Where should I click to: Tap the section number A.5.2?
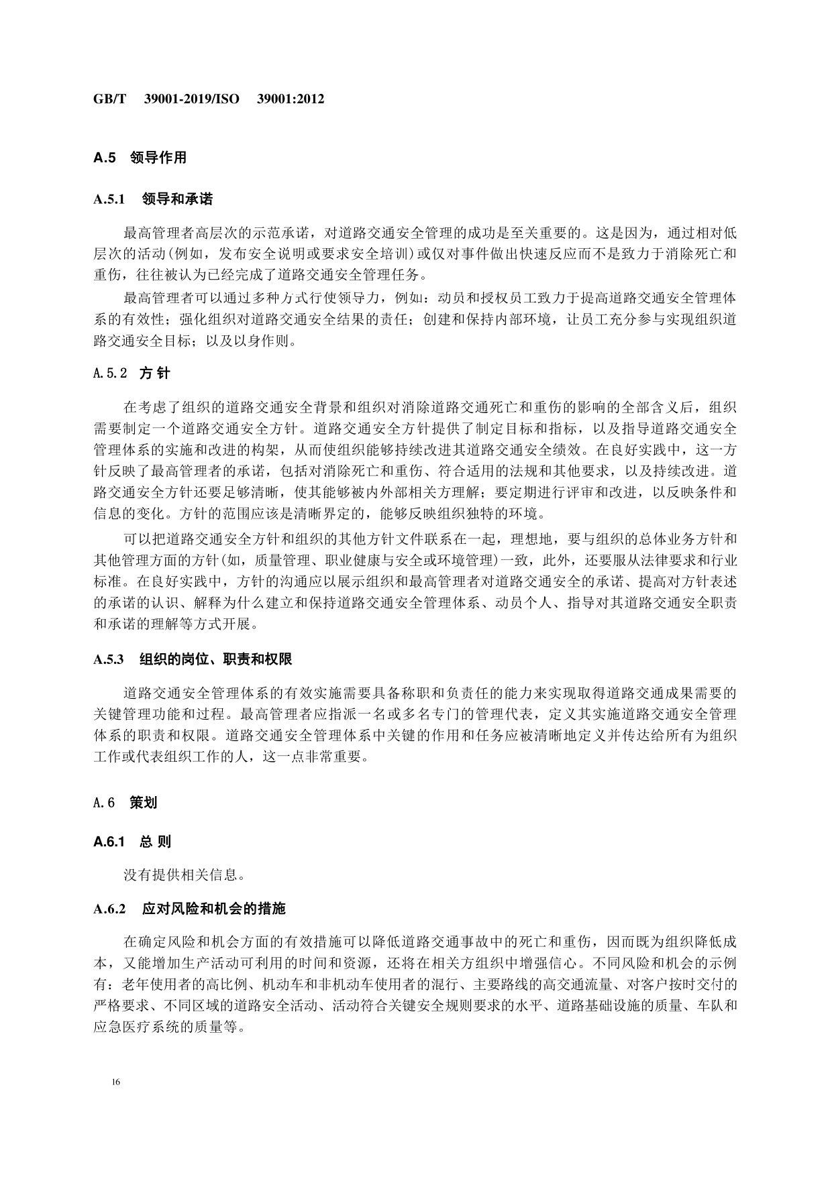(110, 374)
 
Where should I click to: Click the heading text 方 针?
(154, 374)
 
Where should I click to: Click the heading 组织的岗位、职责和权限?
(215, 659)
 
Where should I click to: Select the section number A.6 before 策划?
(105, 802)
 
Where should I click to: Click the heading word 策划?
(143, 802)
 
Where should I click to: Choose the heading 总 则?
(155, 842)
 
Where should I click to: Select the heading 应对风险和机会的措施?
(213, 909)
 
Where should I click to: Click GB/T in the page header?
(109, 99)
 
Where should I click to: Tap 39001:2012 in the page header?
(291, 99)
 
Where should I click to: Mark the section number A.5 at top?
(105, 158)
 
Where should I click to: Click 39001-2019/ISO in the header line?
(192, 99)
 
